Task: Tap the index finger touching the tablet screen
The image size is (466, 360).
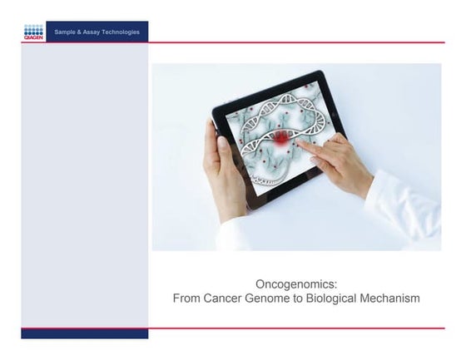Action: [306, 146]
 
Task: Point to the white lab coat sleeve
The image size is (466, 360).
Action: [408, 208]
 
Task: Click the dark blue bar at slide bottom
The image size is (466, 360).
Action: [84, 333]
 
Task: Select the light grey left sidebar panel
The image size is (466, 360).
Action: [84, 183]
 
